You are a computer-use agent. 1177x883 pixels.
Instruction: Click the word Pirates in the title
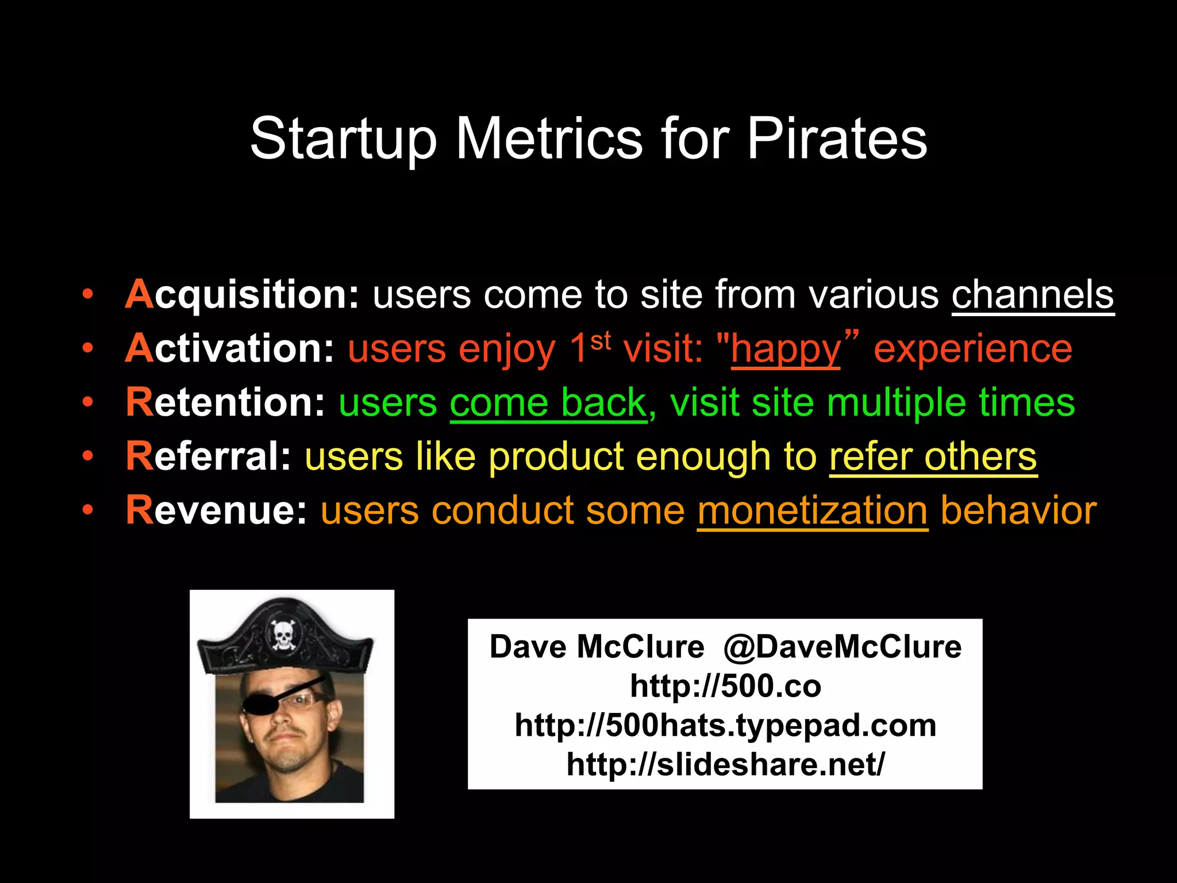(837, 139)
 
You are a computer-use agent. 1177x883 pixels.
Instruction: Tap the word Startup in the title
(343, 139)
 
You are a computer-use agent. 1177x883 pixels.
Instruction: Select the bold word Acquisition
(242, 295)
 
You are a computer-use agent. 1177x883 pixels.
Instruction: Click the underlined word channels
(1033, 295)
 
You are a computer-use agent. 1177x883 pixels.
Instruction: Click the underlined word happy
(786, 350)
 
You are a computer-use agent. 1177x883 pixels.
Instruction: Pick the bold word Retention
(225, 402)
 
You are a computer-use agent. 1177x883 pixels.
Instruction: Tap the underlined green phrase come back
(548, 402)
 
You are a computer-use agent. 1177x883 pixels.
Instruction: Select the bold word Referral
(209, 456)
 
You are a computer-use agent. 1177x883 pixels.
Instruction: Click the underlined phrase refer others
(933, 456)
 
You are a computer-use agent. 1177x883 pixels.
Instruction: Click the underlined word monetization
(813, 510)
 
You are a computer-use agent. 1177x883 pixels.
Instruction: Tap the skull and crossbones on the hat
(283, 634)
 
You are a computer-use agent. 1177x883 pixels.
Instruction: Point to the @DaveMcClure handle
(842, 647)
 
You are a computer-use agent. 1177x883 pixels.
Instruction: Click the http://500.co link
(725, 686)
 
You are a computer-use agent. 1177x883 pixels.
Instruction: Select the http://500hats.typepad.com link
(725, 725)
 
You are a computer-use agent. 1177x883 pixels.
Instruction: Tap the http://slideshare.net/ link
(725, 765)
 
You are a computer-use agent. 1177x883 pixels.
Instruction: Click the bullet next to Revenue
(87, 510)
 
